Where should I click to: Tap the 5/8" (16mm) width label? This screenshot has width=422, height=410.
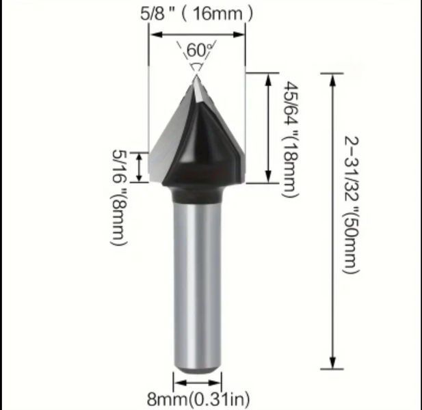tap(197, 14)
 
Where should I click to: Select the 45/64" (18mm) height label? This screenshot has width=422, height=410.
tap(291, 140)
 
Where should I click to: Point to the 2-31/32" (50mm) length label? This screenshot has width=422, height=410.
tap(352, 205)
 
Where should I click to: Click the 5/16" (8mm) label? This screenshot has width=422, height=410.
tap(118, 197)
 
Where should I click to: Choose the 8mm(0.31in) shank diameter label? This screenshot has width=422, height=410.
tap(198, 399)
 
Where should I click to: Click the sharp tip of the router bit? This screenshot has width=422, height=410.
tap(196, 76)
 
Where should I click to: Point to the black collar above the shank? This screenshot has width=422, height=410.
tap(197, 195)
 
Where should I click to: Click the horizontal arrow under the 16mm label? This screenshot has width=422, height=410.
tap(197, 34)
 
